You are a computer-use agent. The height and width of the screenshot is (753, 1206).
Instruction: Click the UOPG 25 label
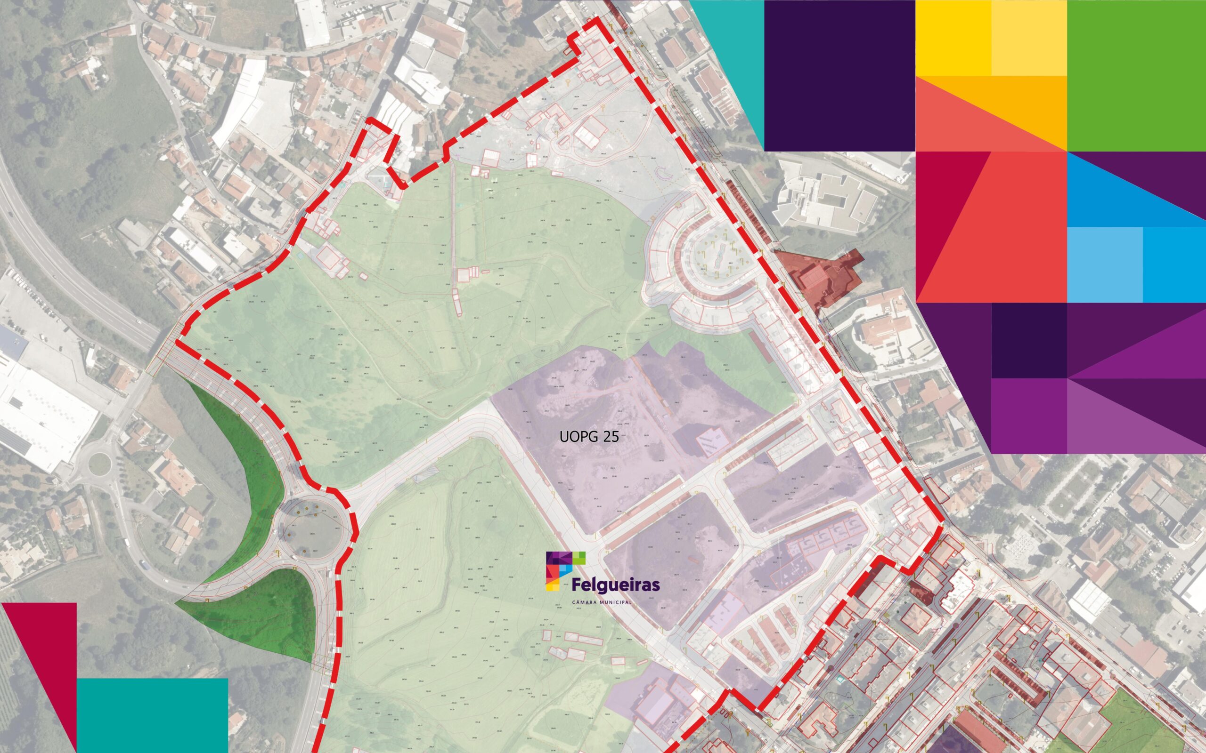[588, 437]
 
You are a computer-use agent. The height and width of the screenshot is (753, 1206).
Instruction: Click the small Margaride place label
[296, 402]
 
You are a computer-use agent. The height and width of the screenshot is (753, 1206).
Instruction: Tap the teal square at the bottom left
[152, 715]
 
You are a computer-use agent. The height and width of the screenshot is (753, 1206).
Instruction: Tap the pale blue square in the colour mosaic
[1104, 264]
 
